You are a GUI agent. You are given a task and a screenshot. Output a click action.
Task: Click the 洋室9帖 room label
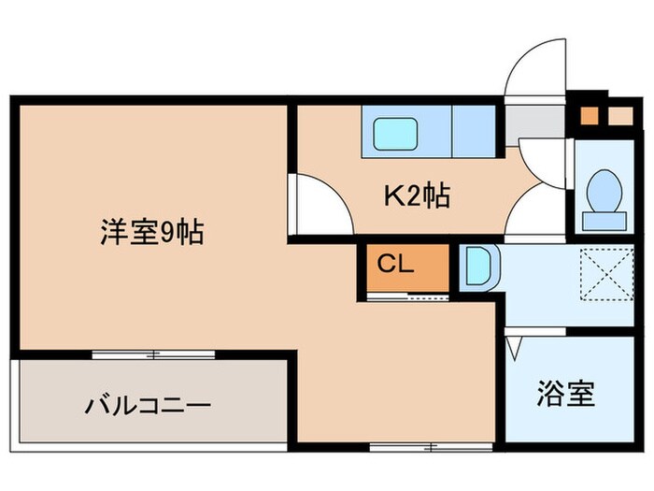(153, 232)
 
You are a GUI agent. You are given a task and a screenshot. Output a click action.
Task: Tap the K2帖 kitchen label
(418, 195)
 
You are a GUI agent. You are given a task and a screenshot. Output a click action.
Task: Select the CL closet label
(394, 265)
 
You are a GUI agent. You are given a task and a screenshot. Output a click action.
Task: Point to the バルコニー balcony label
(149, 406)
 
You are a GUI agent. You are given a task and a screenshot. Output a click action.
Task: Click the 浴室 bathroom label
(565, 394)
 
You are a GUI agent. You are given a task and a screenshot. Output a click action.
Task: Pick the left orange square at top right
(589, 117)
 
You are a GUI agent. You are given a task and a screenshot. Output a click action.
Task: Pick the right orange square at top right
(618, 117)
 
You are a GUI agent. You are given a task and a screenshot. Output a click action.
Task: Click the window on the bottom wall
(404, 444)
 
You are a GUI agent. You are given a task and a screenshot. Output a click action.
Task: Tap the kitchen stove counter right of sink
(473, 131)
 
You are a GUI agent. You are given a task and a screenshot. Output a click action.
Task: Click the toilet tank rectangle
(603, 220)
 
